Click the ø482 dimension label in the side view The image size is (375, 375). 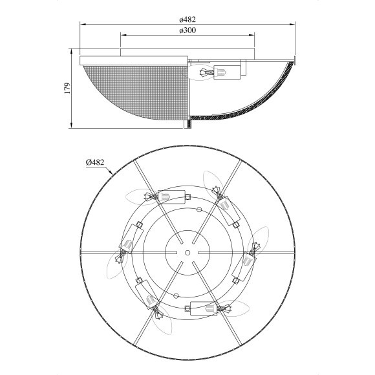coord(187,19)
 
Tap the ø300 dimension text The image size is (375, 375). coord(187,30)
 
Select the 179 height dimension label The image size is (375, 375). coord(68,88)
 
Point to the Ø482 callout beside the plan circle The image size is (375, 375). coord(95,162)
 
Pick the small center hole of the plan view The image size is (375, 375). coord(187,253)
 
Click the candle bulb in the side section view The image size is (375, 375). coord(201,72)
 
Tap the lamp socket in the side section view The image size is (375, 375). coord(227,72)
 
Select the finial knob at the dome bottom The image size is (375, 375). coord(187,124)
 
